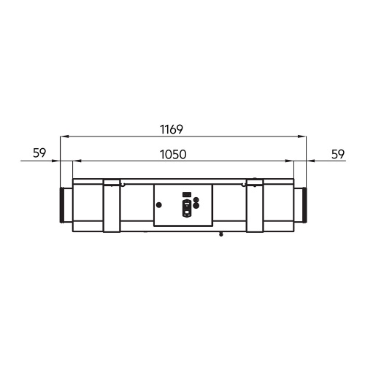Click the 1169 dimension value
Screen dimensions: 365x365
coord(172,129)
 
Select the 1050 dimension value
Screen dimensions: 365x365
coord(173,155)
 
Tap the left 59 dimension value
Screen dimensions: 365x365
coord(39,153)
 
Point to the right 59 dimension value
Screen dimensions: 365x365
coord(338,154)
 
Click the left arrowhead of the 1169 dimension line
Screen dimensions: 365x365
coord(64,137)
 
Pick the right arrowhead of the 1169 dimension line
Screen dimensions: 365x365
coord(302,137)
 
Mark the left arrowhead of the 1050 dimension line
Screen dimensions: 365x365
coord(77,161)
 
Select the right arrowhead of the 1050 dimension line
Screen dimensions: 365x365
coord(290,161)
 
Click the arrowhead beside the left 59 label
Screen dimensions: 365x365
coord(56,161)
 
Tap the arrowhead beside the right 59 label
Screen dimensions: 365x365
coord(310,161)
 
